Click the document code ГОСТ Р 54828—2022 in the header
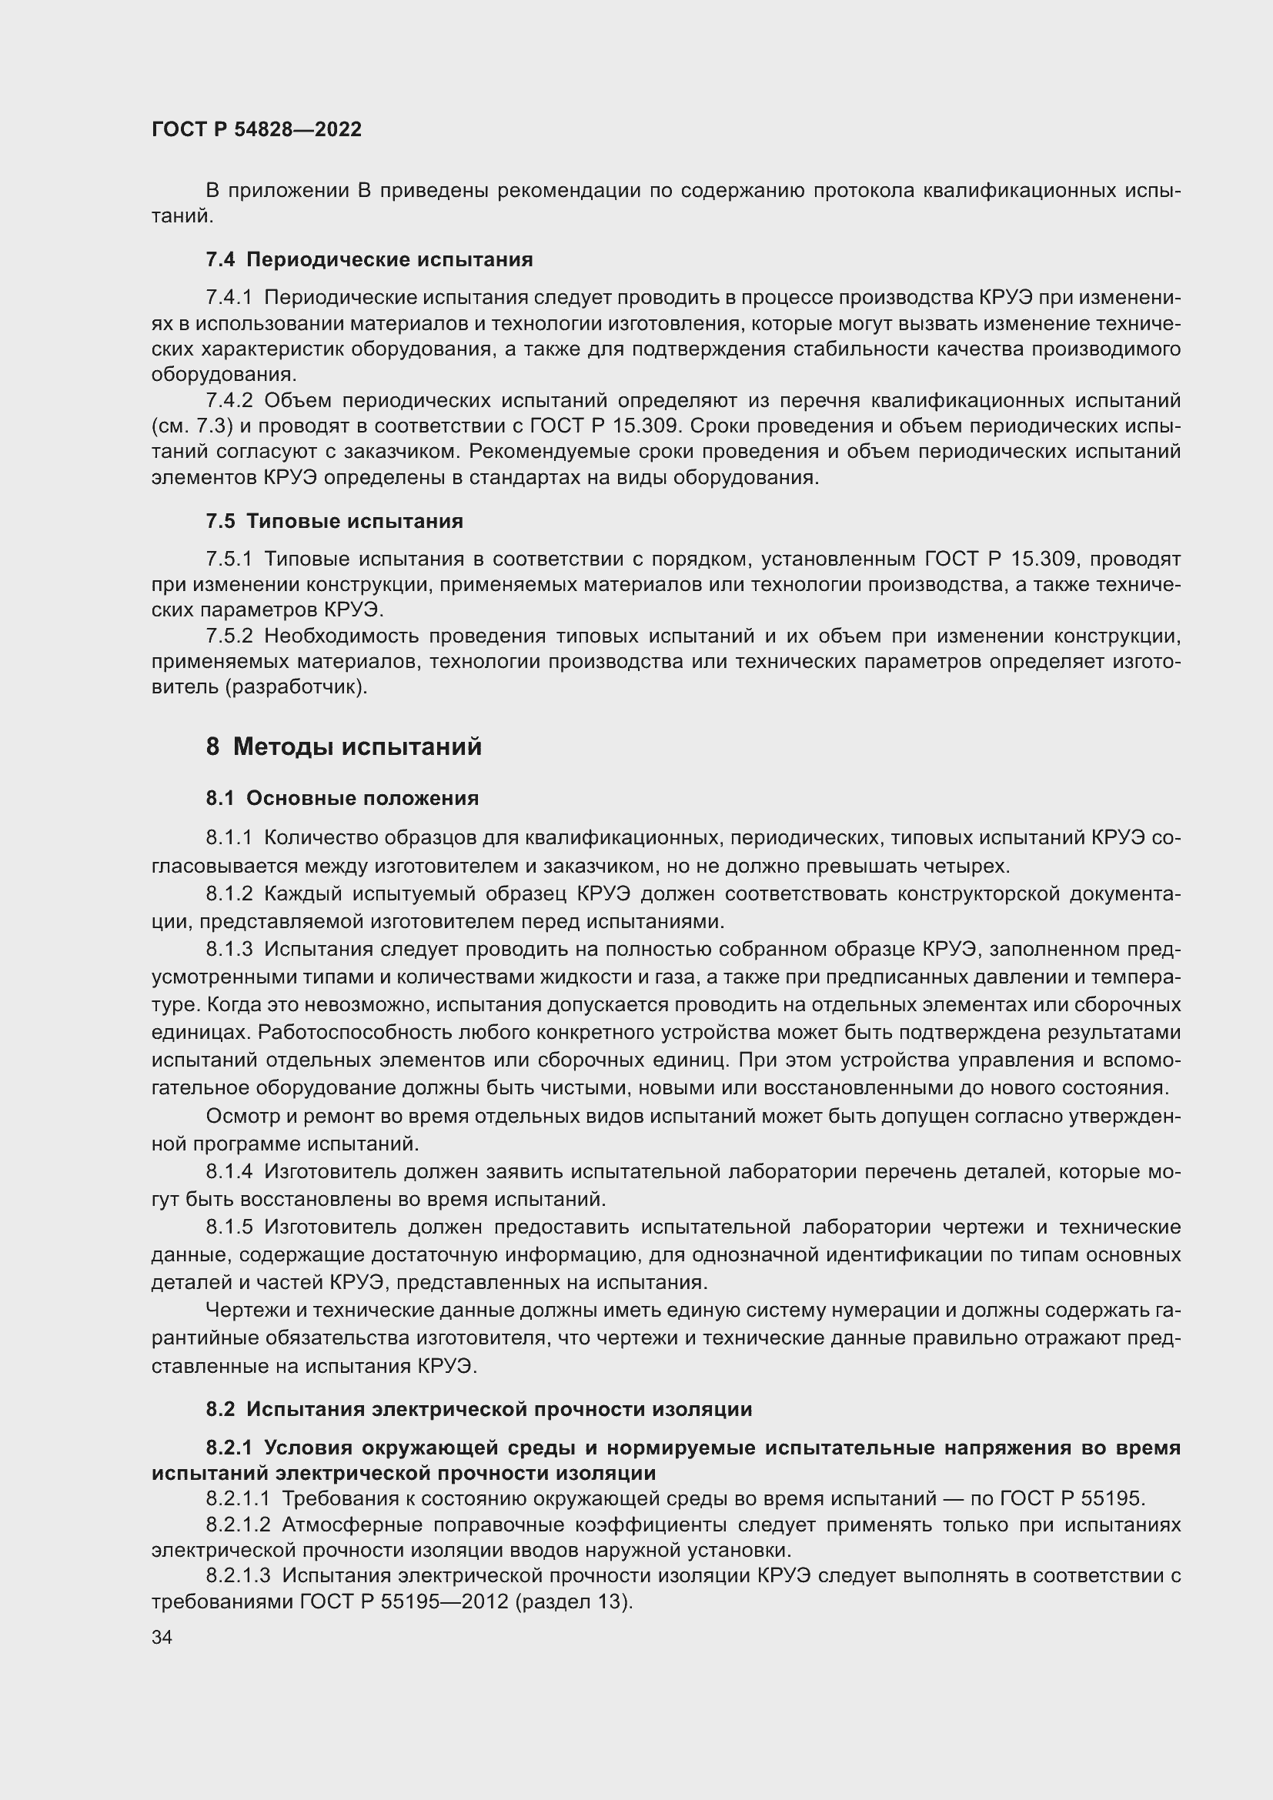256,129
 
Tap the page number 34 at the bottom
162,1638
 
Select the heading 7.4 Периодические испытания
369,259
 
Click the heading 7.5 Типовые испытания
335,521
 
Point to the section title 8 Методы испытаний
343,746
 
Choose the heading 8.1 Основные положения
342,798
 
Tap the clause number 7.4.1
229,298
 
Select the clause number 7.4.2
229,401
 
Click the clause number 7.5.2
229,636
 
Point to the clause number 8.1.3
229,950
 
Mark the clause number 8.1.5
229,1227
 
